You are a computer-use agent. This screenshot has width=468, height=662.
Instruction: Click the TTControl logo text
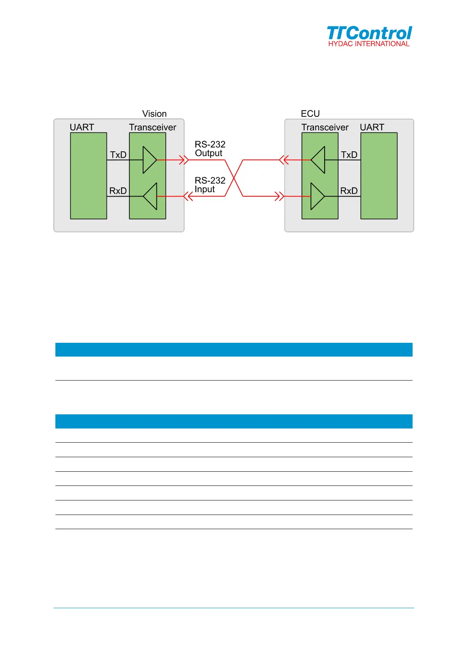369,33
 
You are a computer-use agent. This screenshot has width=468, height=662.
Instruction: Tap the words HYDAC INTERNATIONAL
369,44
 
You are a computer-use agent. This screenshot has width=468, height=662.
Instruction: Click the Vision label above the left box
154,114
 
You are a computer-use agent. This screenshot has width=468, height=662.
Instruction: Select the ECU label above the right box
310,114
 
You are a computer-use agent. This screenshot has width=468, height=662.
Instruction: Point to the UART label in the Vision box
82,127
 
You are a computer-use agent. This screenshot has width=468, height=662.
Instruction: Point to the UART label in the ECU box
372,127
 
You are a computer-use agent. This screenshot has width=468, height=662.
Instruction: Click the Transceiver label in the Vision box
152,127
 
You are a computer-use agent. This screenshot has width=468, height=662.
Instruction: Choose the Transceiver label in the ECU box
325,127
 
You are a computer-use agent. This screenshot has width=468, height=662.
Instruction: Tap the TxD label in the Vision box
118,155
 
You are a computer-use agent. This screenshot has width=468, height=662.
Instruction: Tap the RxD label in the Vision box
118,191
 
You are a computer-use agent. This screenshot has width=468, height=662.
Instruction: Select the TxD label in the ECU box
349,155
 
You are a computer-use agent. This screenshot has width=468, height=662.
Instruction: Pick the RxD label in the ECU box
349,191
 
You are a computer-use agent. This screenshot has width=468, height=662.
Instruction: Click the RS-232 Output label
210,149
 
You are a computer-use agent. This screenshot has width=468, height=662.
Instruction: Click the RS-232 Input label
210,185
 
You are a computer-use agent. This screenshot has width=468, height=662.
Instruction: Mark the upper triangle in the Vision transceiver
149,160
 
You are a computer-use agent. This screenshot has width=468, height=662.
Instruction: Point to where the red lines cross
234,178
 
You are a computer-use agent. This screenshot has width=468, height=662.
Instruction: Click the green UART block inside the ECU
379,176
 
